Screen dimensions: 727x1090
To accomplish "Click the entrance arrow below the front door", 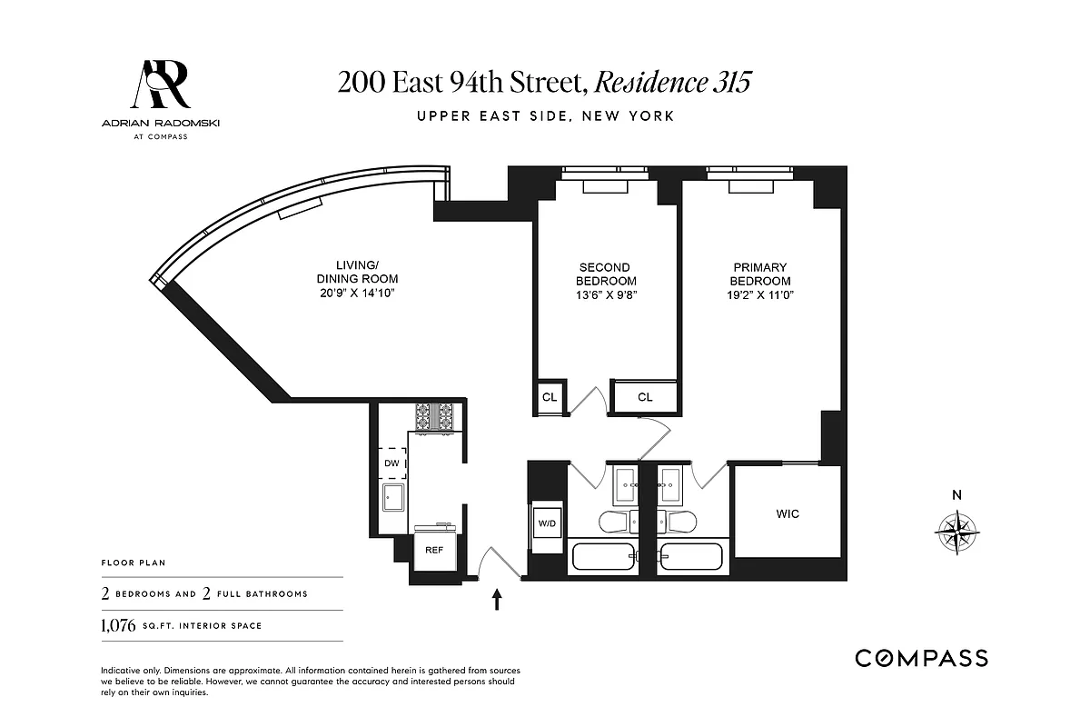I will [x=497, y=598].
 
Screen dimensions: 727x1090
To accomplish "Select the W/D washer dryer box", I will [x=547, y=524].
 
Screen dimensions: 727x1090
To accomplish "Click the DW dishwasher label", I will [x=391, y=463].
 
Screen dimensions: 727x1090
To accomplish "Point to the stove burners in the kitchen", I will [x=439, y=417].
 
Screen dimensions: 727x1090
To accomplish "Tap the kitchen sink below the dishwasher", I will [x=393, y=497].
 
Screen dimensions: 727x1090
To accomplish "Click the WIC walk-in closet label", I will [x=788, y=514].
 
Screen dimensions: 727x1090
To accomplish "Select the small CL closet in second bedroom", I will [x=550, y=397].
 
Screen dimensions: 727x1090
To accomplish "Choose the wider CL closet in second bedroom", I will [x=645, y=397].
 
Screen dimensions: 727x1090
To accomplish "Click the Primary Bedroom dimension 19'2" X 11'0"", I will [x=761, y=294].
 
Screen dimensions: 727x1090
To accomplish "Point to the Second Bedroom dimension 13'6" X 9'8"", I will [x=604, y=294].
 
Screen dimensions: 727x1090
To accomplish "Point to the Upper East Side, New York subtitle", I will [x=545, y=116].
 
